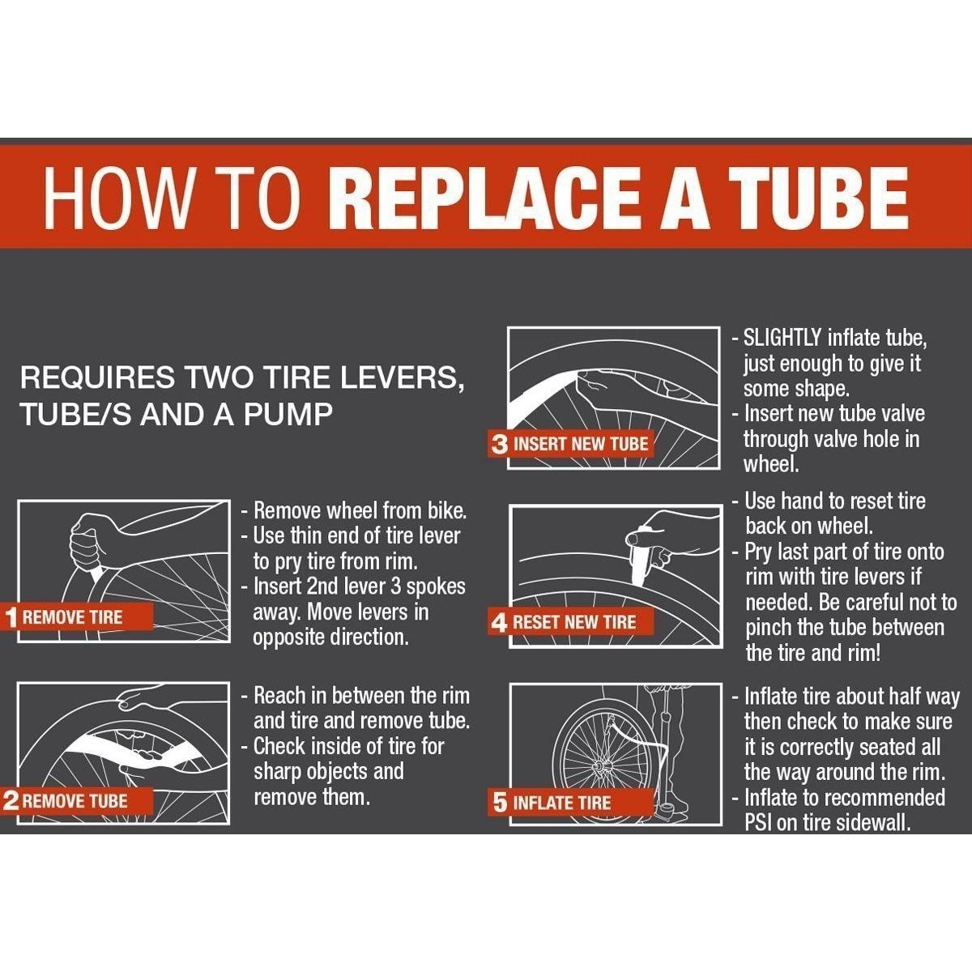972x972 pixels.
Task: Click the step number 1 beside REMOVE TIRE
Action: (x=11, y=617)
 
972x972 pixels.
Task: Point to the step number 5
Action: (x=500, y=803)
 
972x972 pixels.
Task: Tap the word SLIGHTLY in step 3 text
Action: (x=782, y=338)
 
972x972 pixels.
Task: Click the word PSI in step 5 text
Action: (x=758, y=824)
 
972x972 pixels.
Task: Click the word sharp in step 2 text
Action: (x=280, y=772)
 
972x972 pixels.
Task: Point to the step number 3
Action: (x=500, y=445)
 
